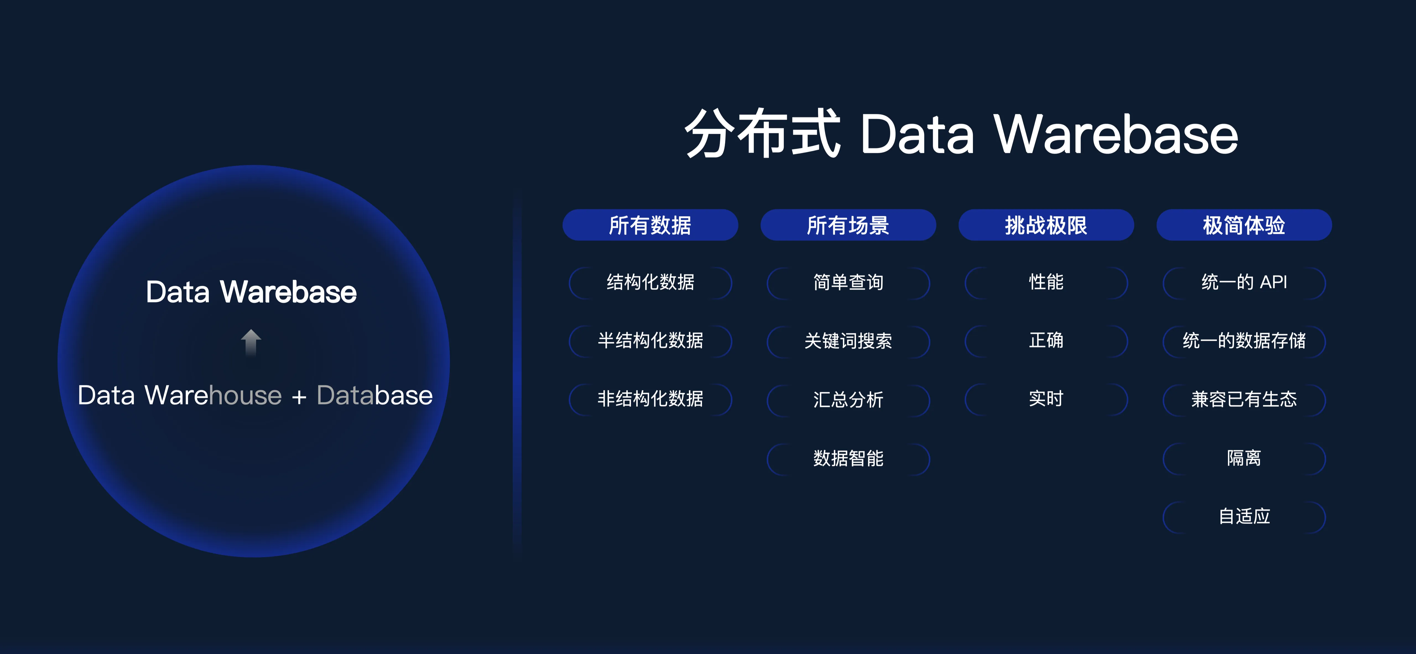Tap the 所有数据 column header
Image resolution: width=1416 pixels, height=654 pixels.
[650, 225]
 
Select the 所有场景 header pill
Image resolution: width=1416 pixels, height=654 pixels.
[848, 225]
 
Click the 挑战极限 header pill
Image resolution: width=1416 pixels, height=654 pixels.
[1046, 225]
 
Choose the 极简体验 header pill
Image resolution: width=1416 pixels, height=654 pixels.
[1244, 225]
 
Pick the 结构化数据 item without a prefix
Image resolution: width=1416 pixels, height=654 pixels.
[650, 282]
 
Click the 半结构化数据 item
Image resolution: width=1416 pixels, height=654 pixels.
[650, 341]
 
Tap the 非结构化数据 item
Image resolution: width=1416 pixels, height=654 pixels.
[650, 399]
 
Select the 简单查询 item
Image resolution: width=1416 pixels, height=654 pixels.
[848, 282]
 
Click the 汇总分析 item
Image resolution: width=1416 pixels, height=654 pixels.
[848, 399]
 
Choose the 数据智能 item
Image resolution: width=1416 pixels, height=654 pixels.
[848, 458]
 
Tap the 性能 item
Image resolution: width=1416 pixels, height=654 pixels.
[1046, 282]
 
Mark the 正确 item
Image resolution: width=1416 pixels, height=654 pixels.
[1046, 341]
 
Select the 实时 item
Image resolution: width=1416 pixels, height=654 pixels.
[1046, 399]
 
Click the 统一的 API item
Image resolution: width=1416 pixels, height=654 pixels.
[1244, 282]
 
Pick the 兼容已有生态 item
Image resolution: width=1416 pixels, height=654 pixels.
[1244, 399]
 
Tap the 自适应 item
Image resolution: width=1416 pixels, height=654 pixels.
[1244, 517]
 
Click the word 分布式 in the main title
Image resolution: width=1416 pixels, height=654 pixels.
[762, 134]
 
